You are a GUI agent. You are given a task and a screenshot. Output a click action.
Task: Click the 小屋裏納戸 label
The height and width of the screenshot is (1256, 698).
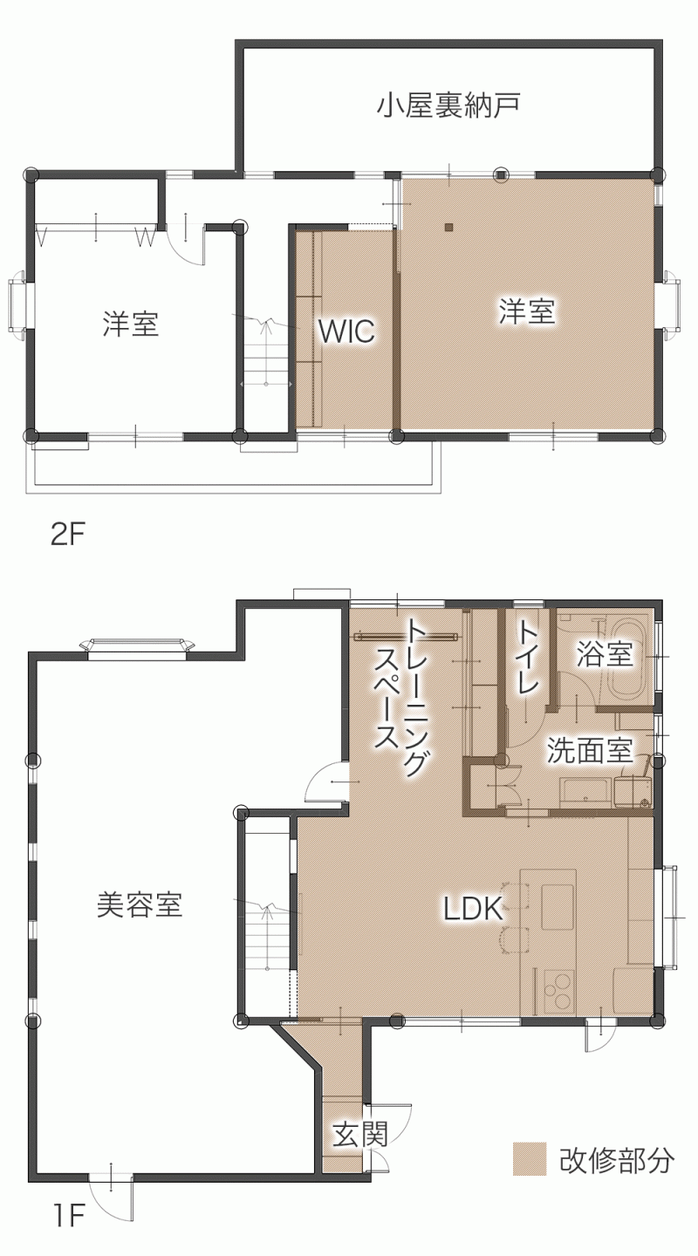point(448,106)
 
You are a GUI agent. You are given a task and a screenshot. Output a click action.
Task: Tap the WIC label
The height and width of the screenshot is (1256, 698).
point(346,331)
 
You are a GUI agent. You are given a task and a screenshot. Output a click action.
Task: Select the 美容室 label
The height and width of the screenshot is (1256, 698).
point(139,904)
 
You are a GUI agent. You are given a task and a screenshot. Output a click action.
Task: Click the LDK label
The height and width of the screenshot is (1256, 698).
point(473,909)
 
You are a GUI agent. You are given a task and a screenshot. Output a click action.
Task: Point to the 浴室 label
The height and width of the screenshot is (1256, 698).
point(605,654)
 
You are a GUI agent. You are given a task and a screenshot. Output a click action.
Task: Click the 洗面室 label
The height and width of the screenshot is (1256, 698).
point(590,750)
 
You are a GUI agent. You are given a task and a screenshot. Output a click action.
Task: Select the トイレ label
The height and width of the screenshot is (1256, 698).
point(528,657)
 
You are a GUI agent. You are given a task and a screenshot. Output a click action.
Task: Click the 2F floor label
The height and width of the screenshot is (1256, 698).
point(67,536)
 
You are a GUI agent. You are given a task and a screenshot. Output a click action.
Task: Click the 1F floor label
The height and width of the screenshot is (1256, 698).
point(68,1232)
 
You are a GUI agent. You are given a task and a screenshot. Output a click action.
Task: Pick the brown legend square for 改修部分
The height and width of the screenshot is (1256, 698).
point(529,1159)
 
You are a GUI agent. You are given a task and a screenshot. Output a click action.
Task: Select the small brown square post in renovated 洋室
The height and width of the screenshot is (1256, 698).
point(448,227)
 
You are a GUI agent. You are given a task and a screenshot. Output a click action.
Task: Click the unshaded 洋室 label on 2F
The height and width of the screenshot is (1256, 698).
point(131,324)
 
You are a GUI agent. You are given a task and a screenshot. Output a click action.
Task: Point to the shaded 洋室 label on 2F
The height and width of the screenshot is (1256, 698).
point(528,311)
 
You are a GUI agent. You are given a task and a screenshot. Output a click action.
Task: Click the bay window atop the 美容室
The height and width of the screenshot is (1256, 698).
point(137,645)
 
